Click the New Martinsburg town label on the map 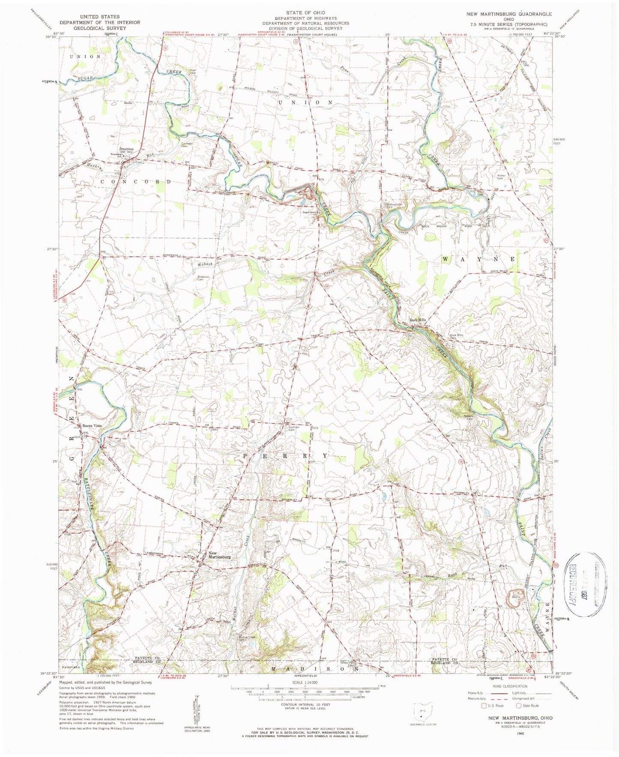219,555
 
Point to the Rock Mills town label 418,320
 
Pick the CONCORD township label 135,182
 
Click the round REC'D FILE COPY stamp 585,583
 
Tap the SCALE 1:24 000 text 305,682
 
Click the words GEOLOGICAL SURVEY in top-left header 92,28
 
